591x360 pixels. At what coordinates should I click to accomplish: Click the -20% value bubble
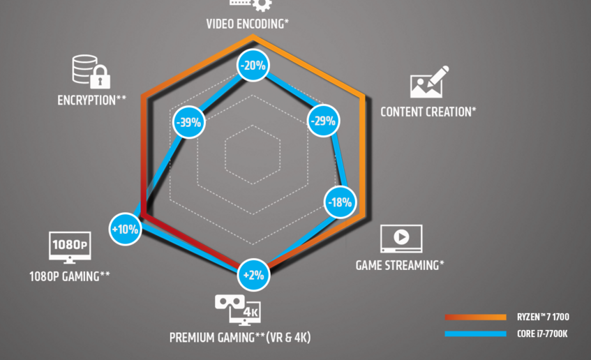coord(253,66)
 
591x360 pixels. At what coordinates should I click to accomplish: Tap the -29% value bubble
coord(322,121)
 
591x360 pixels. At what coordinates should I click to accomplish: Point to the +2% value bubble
coord(253,275)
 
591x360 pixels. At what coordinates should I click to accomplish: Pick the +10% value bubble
coord(126,228)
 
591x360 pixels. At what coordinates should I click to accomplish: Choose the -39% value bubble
coord(188,122)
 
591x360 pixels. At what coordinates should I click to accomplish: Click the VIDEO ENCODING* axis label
coord(248,23)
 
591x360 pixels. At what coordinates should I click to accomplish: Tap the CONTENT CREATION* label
coord(428,112)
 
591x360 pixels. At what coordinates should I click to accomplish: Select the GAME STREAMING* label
coord(400,265)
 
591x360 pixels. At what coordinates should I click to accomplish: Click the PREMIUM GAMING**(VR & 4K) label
coord(240,338)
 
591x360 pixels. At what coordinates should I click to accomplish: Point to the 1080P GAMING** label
coord(69,276)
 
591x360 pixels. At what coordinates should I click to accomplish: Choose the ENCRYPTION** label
coord(91,100)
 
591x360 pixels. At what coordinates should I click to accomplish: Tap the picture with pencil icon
coord(428,82)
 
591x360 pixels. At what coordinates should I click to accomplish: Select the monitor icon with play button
coord(401,239)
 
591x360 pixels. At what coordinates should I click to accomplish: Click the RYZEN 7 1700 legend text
coord(544,317)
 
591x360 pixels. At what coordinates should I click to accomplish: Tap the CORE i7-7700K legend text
coord(541,333)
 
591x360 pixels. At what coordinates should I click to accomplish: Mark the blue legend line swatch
coord(475,333)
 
